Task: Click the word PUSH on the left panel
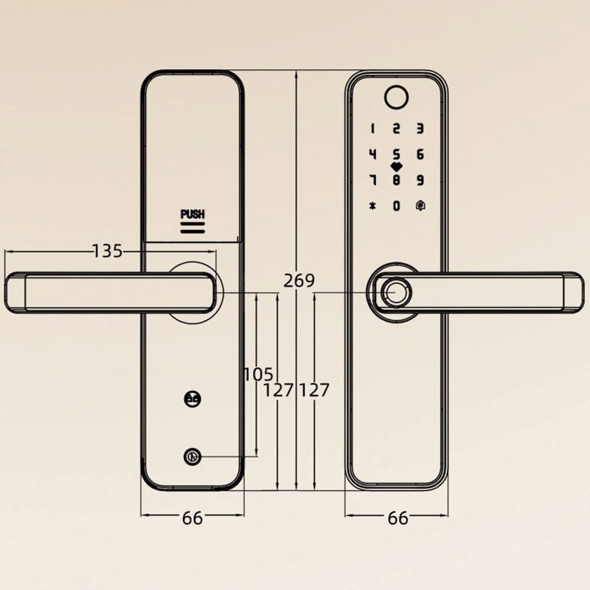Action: pos(193,214)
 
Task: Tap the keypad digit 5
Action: pos(396,154)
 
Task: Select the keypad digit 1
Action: pos(372,129)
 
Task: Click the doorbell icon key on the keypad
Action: pos(420,206)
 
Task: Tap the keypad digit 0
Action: pos(396,206)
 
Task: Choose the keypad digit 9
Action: pos(420,180)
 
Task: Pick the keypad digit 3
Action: pos(420,129)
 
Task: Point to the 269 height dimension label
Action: pos(299,281)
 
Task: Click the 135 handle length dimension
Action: pos(107,251)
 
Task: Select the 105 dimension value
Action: pos(258,375)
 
